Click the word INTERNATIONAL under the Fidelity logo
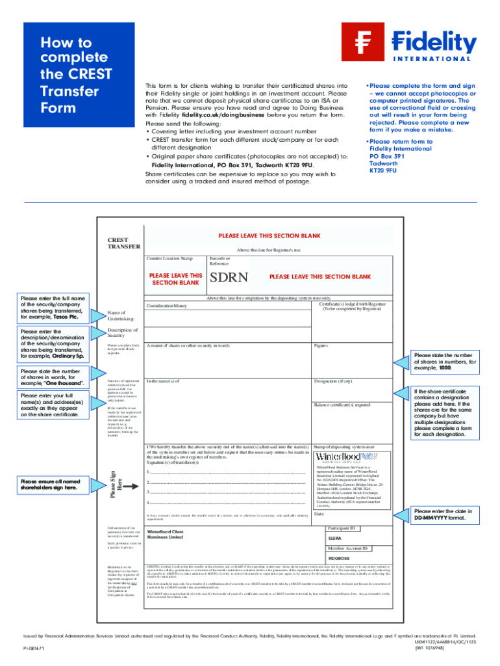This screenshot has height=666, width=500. pyautogui.click(x=431, y=58)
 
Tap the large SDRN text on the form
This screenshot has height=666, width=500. pyautogui.click(x=229, y=278)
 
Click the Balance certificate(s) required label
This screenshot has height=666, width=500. pyautogui.click(x=342, y=405)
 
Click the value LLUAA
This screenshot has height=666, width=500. pyautogui.click(x=335, y=539)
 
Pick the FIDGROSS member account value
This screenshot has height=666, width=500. pyautogui.click(x=339, y=558)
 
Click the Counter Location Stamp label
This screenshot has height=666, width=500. pyautogui.click(x=169, y=259)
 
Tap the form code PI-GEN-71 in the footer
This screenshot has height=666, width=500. pyautogui.click(x=34, y=649)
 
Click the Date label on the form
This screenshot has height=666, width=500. pyautogui.click(x=319, y=514)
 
